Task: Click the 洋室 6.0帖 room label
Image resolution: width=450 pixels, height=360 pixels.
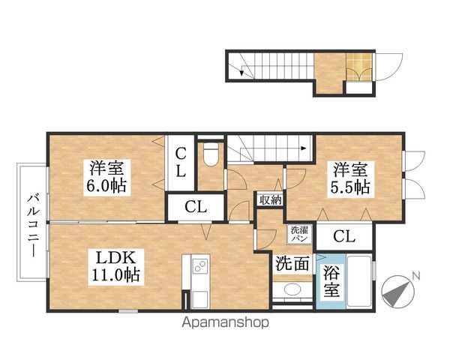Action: point(107,178)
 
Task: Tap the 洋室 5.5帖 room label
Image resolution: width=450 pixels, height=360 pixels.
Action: point(351,179)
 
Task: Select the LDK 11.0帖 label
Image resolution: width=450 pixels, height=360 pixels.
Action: point(115,267)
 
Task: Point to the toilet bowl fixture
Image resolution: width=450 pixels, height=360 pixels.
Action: point(211,154)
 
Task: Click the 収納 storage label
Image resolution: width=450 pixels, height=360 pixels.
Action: point(270,199)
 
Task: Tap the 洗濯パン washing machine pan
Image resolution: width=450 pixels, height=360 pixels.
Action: point(300,234)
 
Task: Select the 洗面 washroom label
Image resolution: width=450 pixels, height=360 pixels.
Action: point(292,263)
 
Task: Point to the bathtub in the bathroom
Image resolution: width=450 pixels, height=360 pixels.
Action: point(359,281)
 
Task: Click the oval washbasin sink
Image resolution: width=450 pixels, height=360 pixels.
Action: point(292,289)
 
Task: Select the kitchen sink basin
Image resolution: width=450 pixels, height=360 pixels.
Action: point(200,299)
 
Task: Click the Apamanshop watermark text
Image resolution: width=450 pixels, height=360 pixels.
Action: point(225,322)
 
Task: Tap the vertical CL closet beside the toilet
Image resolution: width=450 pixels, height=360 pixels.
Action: point(181,163)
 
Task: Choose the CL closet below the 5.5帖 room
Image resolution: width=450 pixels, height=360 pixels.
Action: point(344,236)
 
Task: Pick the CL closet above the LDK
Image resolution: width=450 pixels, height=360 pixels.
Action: point(196,207)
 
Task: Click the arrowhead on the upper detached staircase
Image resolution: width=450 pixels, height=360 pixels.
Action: point(241,73)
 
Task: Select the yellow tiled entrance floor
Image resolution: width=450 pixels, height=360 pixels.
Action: point(358,66)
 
